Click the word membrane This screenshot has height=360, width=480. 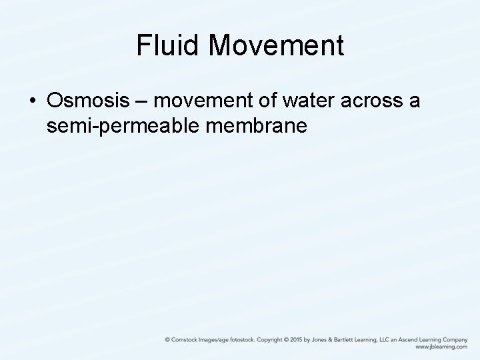coord(257,125)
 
